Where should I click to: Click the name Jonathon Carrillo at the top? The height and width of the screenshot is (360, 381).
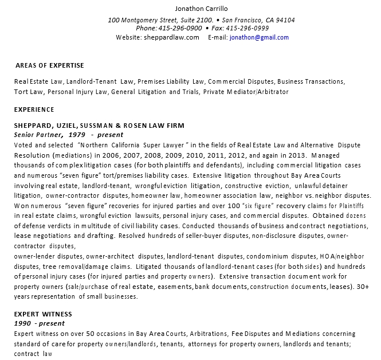pos(201,9)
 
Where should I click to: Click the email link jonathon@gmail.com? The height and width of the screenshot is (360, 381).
pos(259,37)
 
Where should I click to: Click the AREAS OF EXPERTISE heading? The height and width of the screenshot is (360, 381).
pos(50,65)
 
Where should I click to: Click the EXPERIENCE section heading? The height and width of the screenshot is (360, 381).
pos(34,109)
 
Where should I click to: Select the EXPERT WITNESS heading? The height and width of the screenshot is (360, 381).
pos(44,314)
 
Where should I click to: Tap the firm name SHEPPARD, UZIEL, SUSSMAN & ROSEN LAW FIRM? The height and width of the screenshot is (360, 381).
pos(99,125)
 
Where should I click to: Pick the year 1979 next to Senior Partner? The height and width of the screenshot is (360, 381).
pos(77,134)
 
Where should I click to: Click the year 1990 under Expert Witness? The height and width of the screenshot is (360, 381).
pos(23,323)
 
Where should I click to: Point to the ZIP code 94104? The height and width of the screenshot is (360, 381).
pos(285,20)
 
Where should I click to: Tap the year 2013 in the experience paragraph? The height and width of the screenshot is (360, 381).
pos(297,155)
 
